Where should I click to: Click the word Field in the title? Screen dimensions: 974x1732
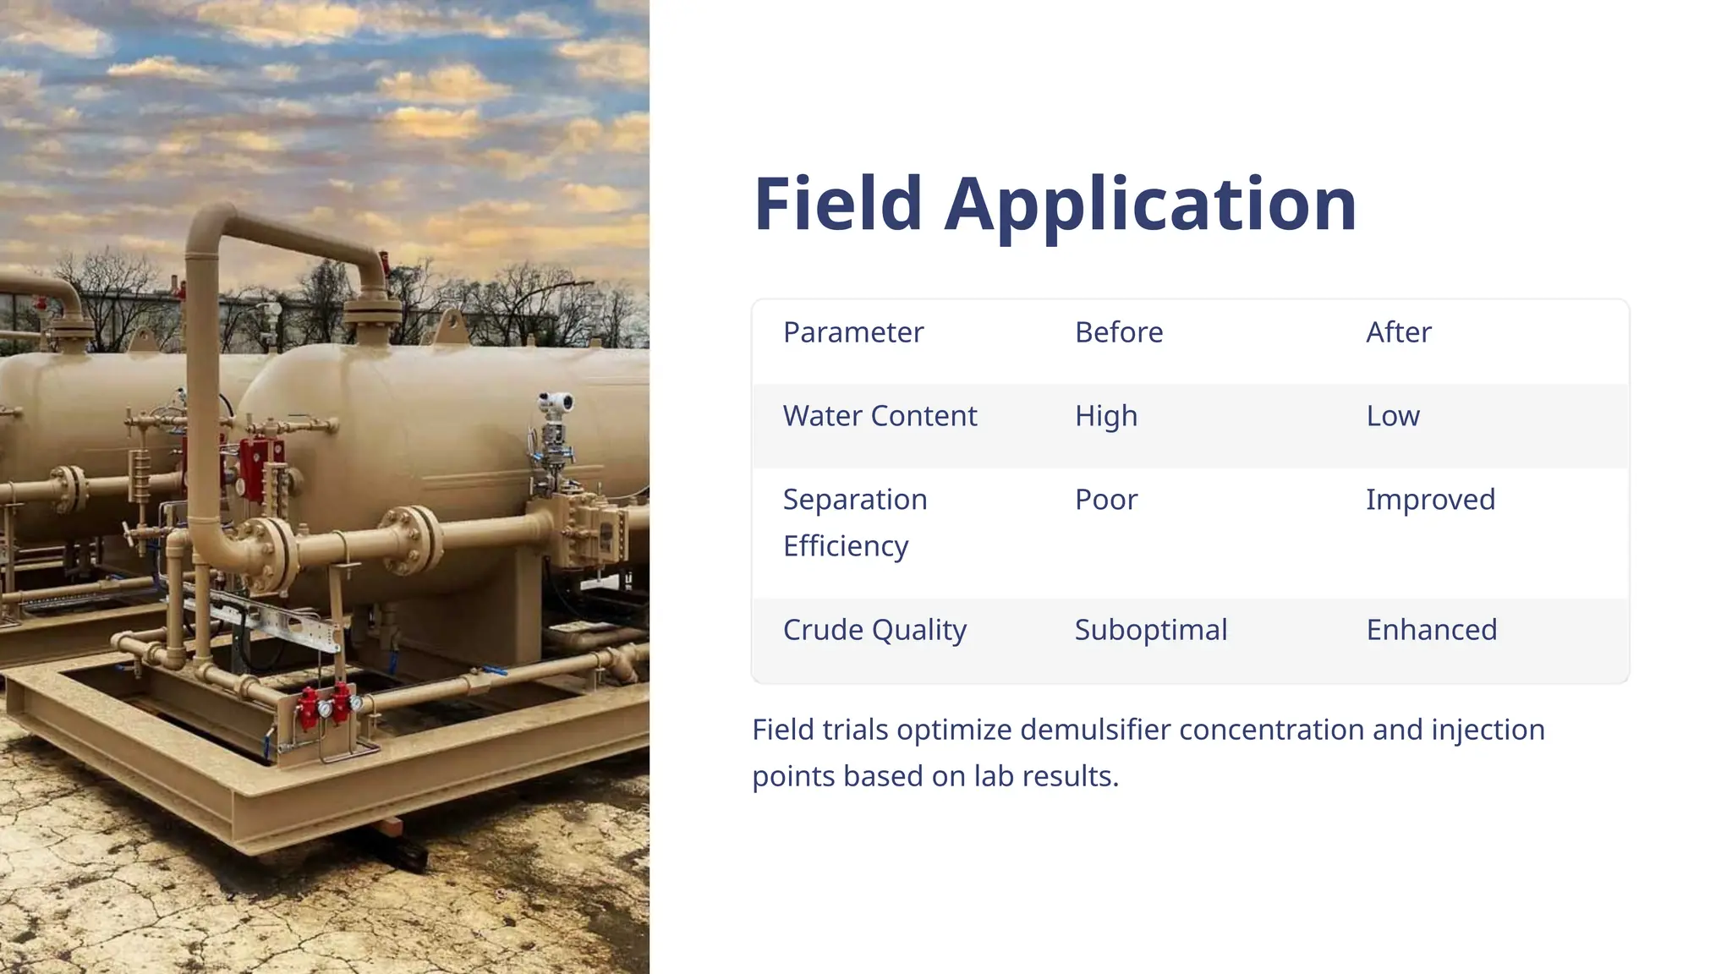tap(837, 205)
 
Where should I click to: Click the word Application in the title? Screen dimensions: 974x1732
tap(1150, 205)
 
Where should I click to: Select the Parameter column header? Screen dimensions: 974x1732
tap(852, 332)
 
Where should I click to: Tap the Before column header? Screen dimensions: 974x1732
tap(1118, 332)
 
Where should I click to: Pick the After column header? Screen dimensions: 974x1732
tap(1398, 332)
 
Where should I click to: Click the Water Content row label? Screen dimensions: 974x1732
tap(880, 416)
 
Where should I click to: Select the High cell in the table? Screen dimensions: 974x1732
tap(1105, 416)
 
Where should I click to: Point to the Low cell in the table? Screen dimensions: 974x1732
tap(1392, 416)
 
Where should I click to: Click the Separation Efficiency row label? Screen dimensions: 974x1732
tap(854, 523)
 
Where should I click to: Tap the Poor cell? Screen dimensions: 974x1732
tap(1105, 500)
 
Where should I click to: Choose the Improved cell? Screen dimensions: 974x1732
tap(1430, 500)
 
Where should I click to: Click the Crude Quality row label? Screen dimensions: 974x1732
tap(874, 630)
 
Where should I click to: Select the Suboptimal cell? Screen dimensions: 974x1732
tap(1150, 630)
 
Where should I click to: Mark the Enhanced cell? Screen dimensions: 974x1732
tap(1431, 630)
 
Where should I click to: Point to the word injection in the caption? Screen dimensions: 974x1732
tap(1488, 730)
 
